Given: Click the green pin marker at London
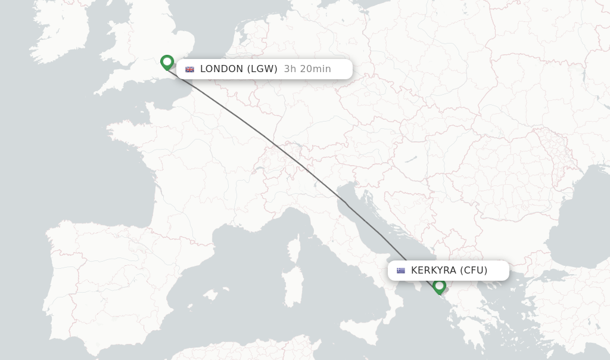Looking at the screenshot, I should (x=167, y=61).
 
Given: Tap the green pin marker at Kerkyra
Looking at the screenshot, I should (x=440, y=286).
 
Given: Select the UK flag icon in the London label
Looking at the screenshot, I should (x=190, y=69).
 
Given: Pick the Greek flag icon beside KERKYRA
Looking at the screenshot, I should (x=401, y=271).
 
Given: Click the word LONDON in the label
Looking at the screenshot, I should (x=222, y=69).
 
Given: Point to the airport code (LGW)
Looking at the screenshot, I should (x=262, y=69).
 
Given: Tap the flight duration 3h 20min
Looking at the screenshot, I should (x=307, y=69).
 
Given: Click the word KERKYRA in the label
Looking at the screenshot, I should (x=434, y=271).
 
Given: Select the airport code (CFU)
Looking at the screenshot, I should (x=474, y=271).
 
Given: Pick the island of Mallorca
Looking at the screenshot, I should (x=210, y=294).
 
